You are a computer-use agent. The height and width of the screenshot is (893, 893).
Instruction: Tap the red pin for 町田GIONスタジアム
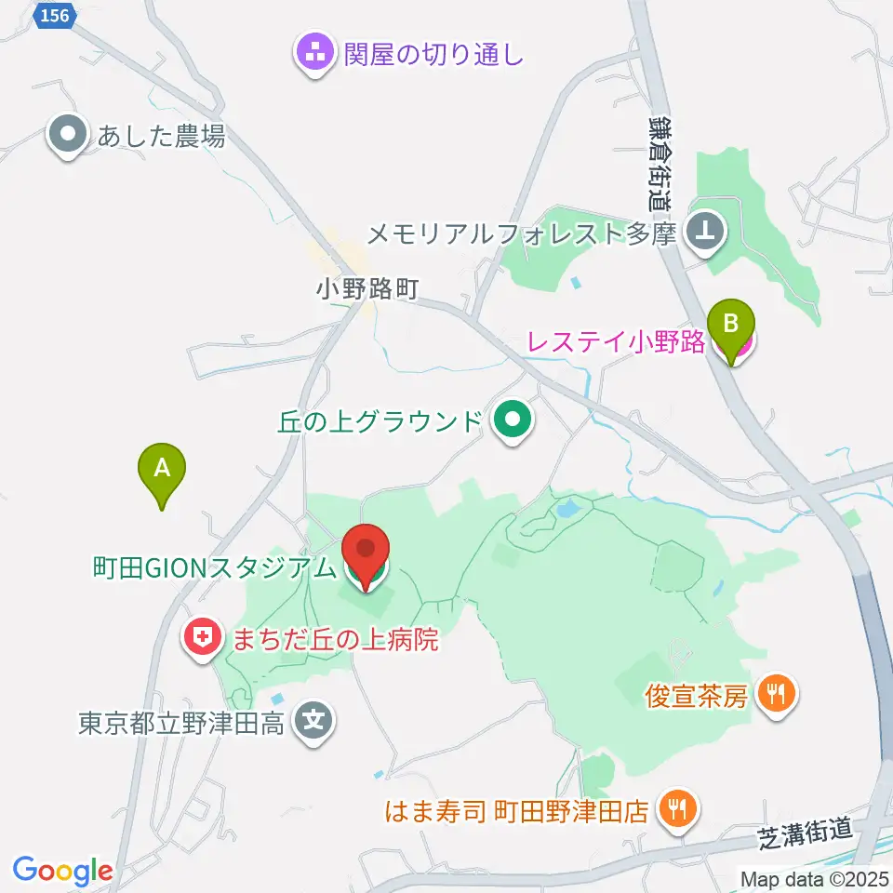coord(366,554)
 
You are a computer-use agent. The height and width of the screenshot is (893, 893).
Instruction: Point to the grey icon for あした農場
coord(68,137)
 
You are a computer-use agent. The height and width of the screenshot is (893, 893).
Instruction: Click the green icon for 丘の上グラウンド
coord(511,421)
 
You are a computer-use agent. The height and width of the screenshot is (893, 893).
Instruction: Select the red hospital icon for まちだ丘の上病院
coord(201,639)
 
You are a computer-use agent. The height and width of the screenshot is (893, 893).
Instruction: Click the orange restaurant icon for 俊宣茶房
coord(774,694)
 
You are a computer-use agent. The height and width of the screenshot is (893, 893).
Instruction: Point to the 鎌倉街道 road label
coord(660,163)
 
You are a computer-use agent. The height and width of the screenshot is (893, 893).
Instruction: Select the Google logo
coord(62,871)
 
